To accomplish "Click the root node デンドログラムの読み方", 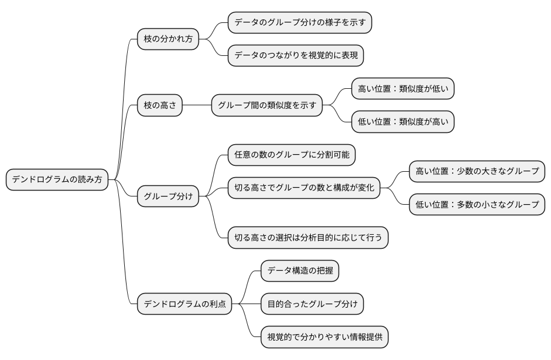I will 57,180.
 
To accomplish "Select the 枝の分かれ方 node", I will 168,39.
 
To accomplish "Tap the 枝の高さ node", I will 160,106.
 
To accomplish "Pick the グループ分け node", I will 168,196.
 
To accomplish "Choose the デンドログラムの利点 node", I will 184,304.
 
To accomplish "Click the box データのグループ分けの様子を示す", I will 300,22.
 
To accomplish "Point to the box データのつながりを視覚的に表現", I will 296,56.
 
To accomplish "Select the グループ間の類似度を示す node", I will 267,106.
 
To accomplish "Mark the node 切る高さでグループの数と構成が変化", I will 304,188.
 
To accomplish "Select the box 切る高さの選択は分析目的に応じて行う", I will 308,238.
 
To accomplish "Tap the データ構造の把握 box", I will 300,271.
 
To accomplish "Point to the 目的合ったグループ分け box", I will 312,304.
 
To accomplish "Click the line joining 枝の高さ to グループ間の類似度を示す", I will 197,106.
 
